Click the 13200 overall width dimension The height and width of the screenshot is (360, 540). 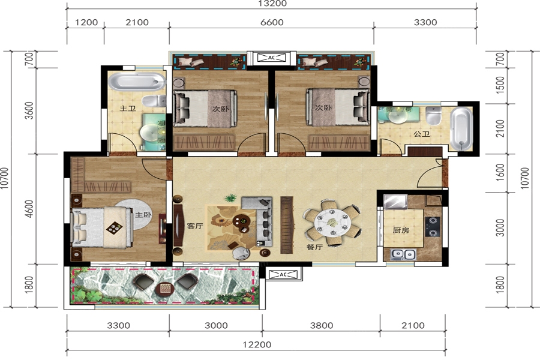click(272, 4)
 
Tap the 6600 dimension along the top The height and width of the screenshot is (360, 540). click(272, 22)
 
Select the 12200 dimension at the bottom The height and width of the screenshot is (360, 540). click(257, 344)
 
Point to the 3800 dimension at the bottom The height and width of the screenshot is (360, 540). click(322, 326)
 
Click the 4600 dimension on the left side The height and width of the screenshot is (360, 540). click(29, 209)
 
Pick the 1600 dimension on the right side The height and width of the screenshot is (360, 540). click(500, 173)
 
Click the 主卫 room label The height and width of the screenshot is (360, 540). click(127, 109)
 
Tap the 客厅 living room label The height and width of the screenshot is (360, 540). click(194, 226)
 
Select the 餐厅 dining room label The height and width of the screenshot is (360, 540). click(314, 247)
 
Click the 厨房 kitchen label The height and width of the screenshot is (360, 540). click(401, 230)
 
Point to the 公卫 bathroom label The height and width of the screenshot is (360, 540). click(422, 134)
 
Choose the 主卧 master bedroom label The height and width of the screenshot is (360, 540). click(143, 215)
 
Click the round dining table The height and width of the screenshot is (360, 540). click(332, 223)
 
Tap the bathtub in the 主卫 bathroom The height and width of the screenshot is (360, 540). click(137, 82)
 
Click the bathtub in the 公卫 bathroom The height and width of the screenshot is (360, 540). click(461, 129)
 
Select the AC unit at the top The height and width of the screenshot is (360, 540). click(272, 58)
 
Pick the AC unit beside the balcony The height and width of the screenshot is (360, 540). click(283, 275)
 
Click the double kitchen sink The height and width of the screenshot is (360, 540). click(403, 254)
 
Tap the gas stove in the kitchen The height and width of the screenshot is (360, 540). click(433, 227)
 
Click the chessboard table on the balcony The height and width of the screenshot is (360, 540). click(165, 288)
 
